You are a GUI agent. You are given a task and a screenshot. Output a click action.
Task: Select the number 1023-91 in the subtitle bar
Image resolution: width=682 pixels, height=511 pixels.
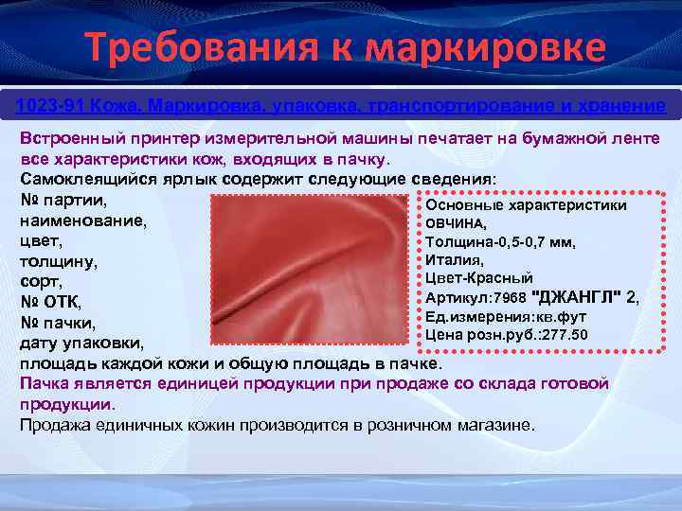click(x=46, y=102)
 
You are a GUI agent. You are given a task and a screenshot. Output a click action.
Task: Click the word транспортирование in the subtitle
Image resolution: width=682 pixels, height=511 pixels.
click(x=468, y=102)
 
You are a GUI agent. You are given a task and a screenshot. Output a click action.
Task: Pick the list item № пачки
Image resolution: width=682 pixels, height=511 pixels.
click(x=58, y=323)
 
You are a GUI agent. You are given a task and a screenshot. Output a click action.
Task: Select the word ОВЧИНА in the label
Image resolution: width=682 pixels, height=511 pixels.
click(x=455, y=224)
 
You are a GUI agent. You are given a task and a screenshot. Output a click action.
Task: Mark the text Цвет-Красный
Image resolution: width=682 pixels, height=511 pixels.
click(x=478, y=278)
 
